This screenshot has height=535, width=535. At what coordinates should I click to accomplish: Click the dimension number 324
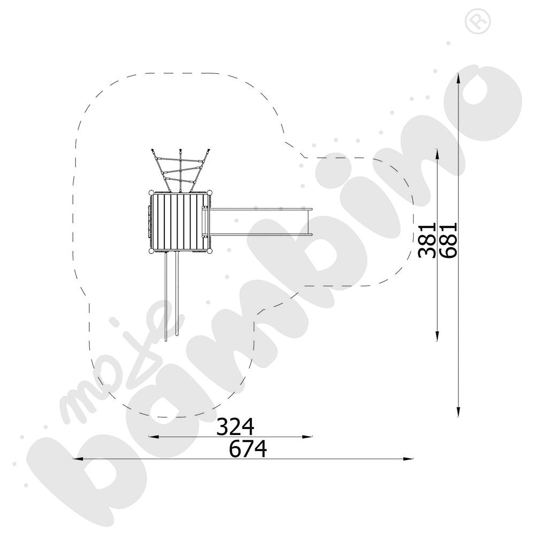235,426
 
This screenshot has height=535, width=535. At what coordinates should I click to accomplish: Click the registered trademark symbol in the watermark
478,21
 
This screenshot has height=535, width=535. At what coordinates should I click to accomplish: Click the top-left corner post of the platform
151,193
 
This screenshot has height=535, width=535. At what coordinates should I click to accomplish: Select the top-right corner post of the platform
210,193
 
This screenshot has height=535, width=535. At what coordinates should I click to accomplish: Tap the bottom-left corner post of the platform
151,251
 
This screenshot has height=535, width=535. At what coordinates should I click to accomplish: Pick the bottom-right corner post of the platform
210,251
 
